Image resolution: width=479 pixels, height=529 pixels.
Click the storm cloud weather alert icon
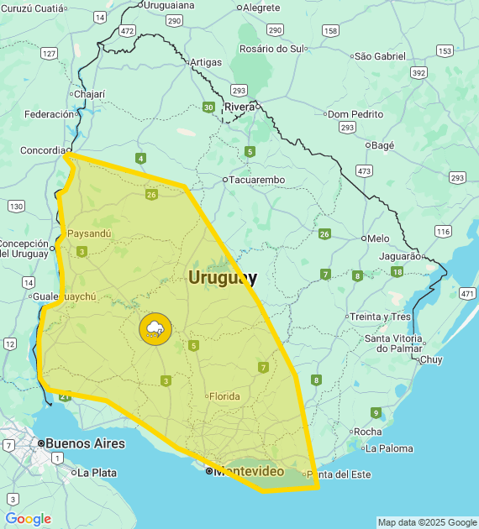point(155,328)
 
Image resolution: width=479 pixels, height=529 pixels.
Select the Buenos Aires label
point(85,443)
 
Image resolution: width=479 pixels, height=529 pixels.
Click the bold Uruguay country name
point(223,277)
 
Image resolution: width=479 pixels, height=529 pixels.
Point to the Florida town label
point(224,396)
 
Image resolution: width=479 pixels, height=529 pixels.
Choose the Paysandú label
point(89,233)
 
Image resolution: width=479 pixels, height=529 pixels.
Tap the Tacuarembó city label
point(258,180)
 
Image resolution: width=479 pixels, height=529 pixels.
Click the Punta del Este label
point(340,474)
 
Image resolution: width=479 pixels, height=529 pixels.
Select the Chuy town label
point(430,359)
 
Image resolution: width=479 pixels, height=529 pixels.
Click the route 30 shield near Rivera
point(208,107)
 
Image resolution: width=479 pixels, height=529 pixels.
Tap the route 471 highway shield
point(467,293)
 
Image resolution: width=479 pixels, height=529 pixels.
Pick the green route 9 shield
point(376,412)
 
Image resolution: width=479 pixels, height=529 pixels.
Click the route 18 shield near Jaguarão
point(397,271)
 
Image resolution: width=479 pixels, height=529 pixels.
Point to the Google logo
point(29,519)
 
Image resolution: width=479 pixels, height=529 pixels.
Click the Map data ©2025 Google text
point(426,522)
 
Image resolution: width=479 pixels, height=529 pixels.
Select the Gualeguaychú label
point(65,296)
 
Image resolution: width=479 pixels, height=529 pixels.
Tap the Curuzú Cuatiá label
point(33,8)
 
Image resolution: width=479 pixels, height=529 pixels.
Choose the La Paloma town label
point(389,448)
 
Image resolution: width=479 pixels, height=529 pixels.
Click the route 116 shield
point(444,231)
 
